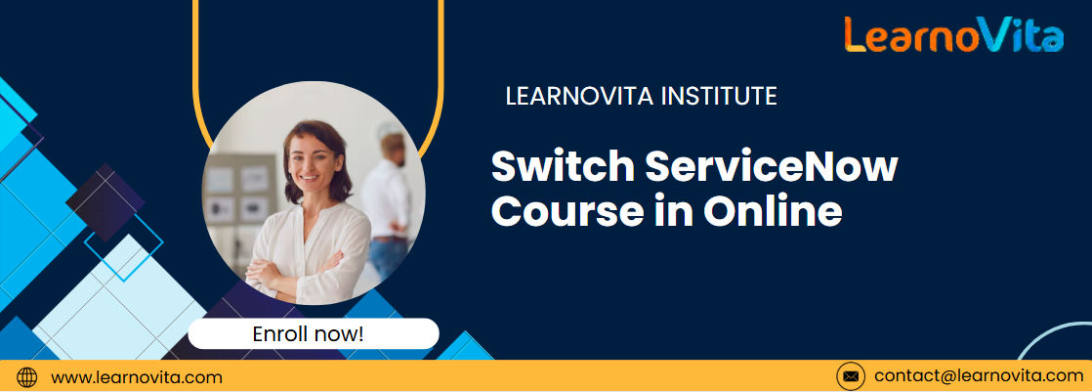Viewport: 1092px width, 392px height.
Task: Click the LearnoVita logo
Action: tap(954, 35)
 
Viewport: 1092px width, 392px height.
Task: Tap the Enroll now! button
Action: tap(314, 333)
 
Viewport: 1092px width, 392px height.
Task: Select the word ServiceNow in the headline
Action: tap(772, 167)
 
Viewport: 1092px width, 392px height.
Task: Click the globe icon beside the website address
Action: tap(26, 377)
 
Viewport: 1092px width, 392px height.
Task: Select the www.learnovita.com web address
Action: tap(137, 377)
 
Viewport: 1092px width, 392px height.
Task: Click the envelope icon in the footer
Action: tap(851, 376)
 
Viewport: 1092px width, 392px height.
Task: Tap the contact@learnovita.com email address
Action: tap(979, 376)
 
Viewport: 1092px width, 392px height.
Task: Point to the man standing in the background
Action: tap(387, 202)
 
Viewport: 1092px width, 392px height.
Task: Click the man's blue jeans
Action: tap(387, 257)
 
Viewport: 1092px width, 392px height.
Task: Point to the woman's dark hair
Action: tap(316, 154)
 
